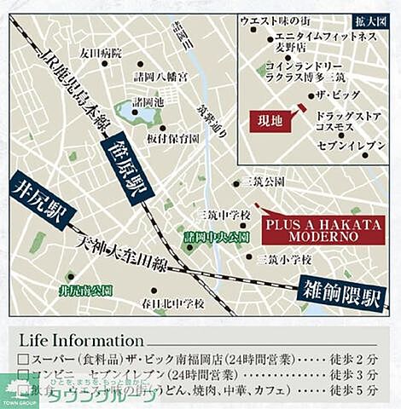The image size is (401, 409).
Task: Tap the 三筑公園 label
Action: click(x=261, y=182)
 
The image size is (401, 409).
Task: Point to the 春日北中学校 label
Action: click(x=176, y=302)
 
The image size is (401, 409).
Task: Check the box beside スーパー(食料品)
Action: click(x=23, y=360)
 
